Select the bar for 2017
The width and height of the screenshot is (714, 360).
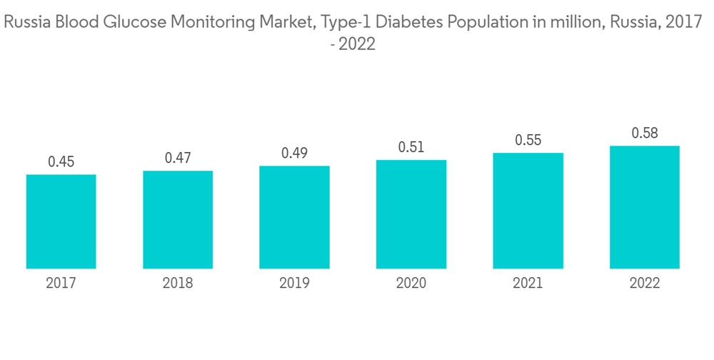(x=61, y=221)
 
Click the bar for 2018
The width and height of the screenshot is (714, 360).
(x=178, y=220)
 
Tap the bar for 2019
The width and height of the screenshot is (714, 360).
(x=294, y=217)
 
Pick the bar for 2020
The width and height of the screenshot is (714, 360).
(x=411, y=214)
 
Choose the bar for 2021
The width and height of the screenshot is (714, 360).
(x=528, y=211)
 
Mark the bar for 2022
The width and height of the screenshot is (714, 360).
(x=645, y=207)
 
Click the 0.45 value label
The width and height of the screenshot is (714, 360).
(x=61, y=162)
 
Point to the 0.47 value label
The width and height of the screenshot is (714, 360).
(x=178, y=158)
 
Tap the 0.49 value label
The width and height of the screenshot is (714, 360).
(x=294, y=153)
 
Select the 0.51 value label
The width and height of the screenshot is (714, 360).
(x=411, y=147)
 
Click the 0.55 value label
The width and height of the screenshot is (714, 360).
(x=528, y=140)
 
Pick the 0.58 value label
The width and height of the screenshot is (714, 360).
(x=645, y=133)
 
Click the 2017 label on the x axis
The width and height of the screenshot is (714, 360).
(x=61, y=284)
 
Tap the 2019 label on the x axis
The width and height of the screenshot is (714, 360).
(x=294, y=284)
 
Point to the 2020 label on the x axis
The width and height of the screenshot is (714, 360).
(x=411, y=284)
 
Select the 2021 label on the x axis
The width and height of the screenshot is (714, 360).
(x=528, y=284)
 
